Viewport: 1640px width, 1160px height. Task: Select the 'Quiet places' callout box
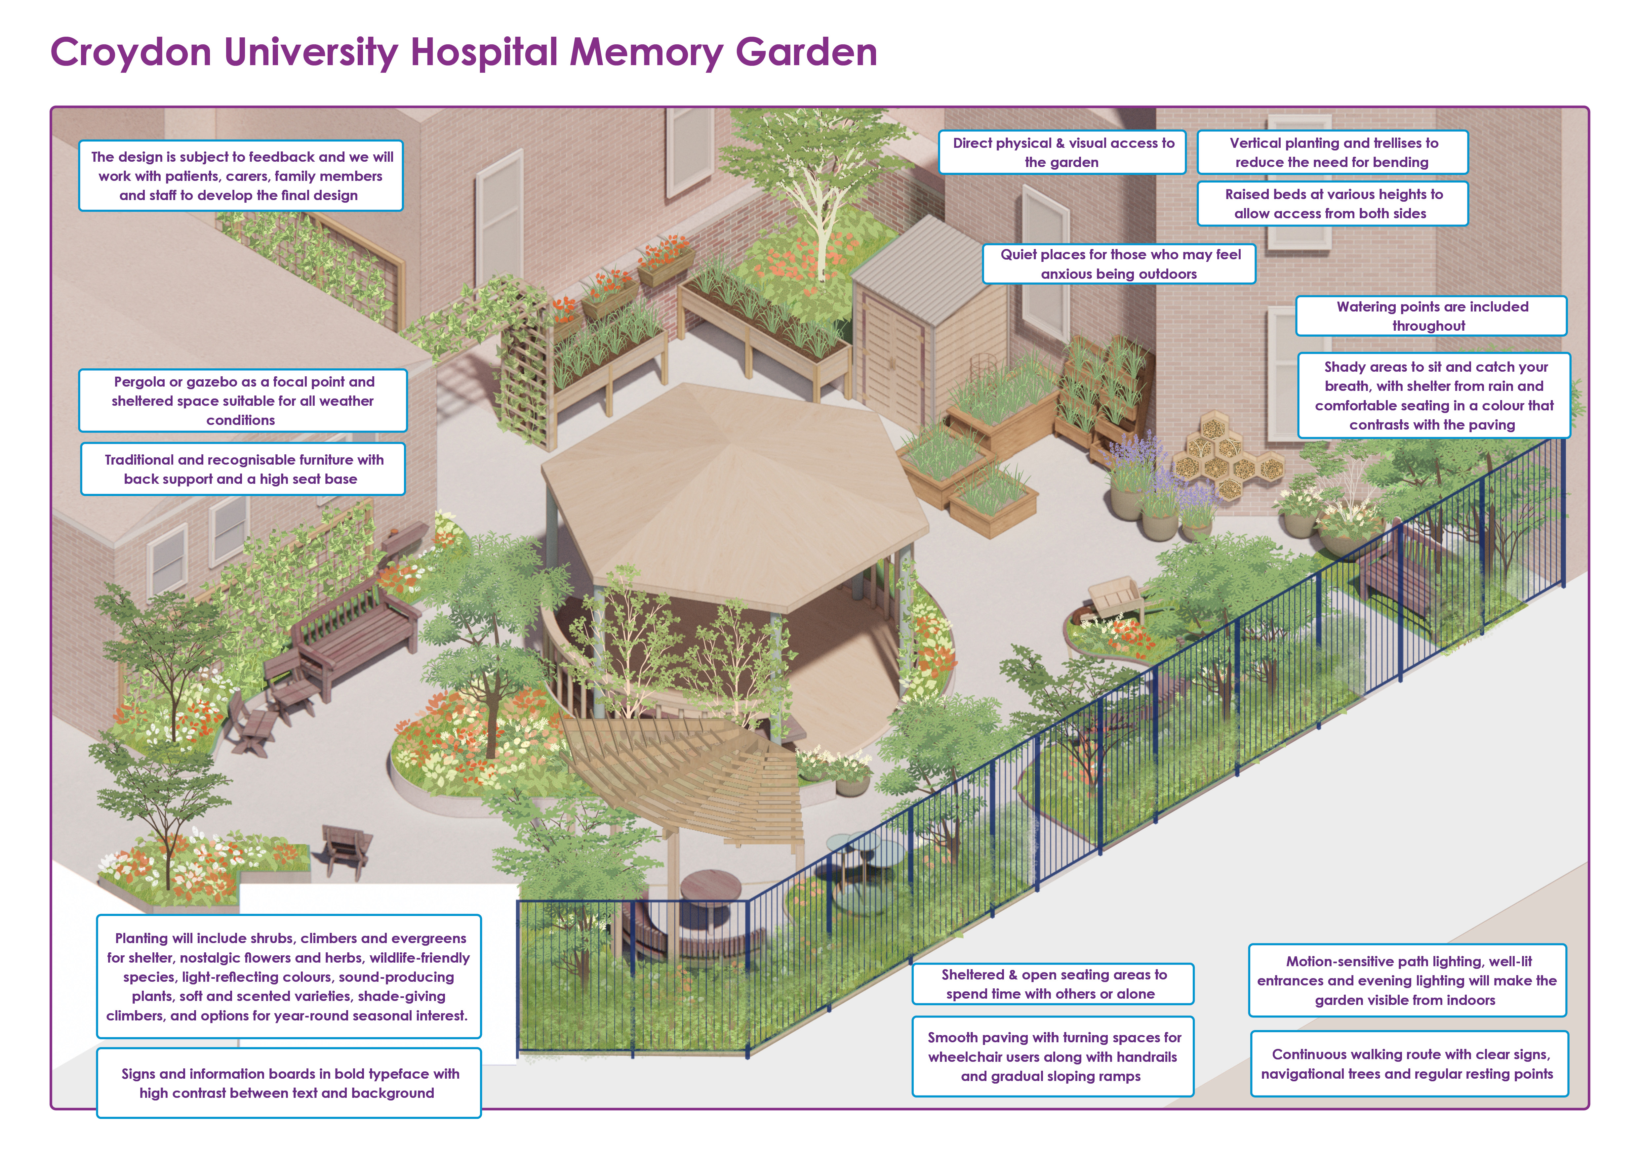[1119, 264]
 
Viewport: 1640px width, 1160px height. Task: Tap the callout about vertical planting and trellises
[1332, 152]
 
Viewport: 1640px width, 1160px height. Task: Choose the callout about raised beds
[1332, 204]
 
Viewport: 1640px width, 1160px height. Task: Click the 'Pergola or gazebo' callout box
[243, 401]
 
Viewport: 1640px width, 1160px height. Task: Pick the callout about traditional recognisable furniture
[243, 469]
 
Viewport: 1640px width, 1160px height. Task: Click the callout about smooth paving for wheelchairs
[1053, 1056]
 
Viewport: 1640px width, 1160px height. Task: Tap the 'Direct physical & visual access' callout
[1062, 152]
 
